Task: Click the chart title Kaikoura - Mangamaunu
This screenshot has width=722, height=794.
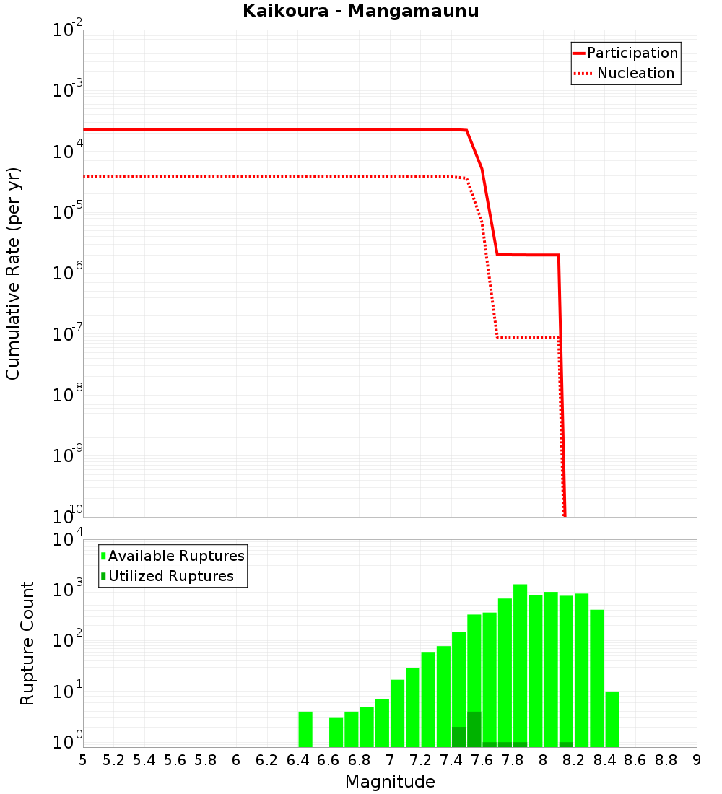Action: pyautogui.click(x=361, y=11)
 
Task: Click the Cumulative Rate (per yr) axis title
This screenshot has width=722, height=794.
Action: pyautogui.click(x=13, y=274)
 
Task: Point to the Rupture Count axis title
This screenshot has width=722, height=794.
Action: pyautogui.click(x=27, y=643)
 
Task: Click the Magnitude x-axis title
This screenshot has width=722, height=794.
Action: pyautogui.click(x=390, y=782)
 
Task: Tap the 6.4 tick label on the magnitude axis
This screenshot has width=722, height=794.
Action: pyautogui.click(x=297, y=760)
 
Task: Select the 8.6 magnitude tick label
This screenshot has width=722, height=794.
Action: pyautogui.click(x=635, y=760)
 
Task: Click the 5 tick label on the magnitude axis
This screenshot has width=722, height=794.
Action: pyautogui.click(x=83, y=760)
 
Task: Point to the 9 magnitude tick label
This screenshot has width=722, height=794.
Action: pyautogui.click(x=697, y=760)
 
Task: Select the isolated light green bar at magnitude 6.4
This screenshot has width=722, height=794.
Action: pyautogui.click(x=305, y=729)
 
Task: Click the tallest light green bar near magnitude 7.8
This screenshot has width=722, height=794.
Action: pyautogui.click(x=521, y=664)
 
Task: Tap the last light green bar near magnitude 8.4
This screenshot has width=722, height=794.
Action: pyautogui.click(x=612, y=719)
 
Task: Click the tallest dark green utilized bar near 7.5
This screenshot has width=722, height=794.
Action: pyautogui.click(x=474, y=729)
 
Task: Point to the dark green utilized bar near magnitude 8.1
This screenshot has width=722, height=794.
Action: pyautogui.click(x=566, y=744)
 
